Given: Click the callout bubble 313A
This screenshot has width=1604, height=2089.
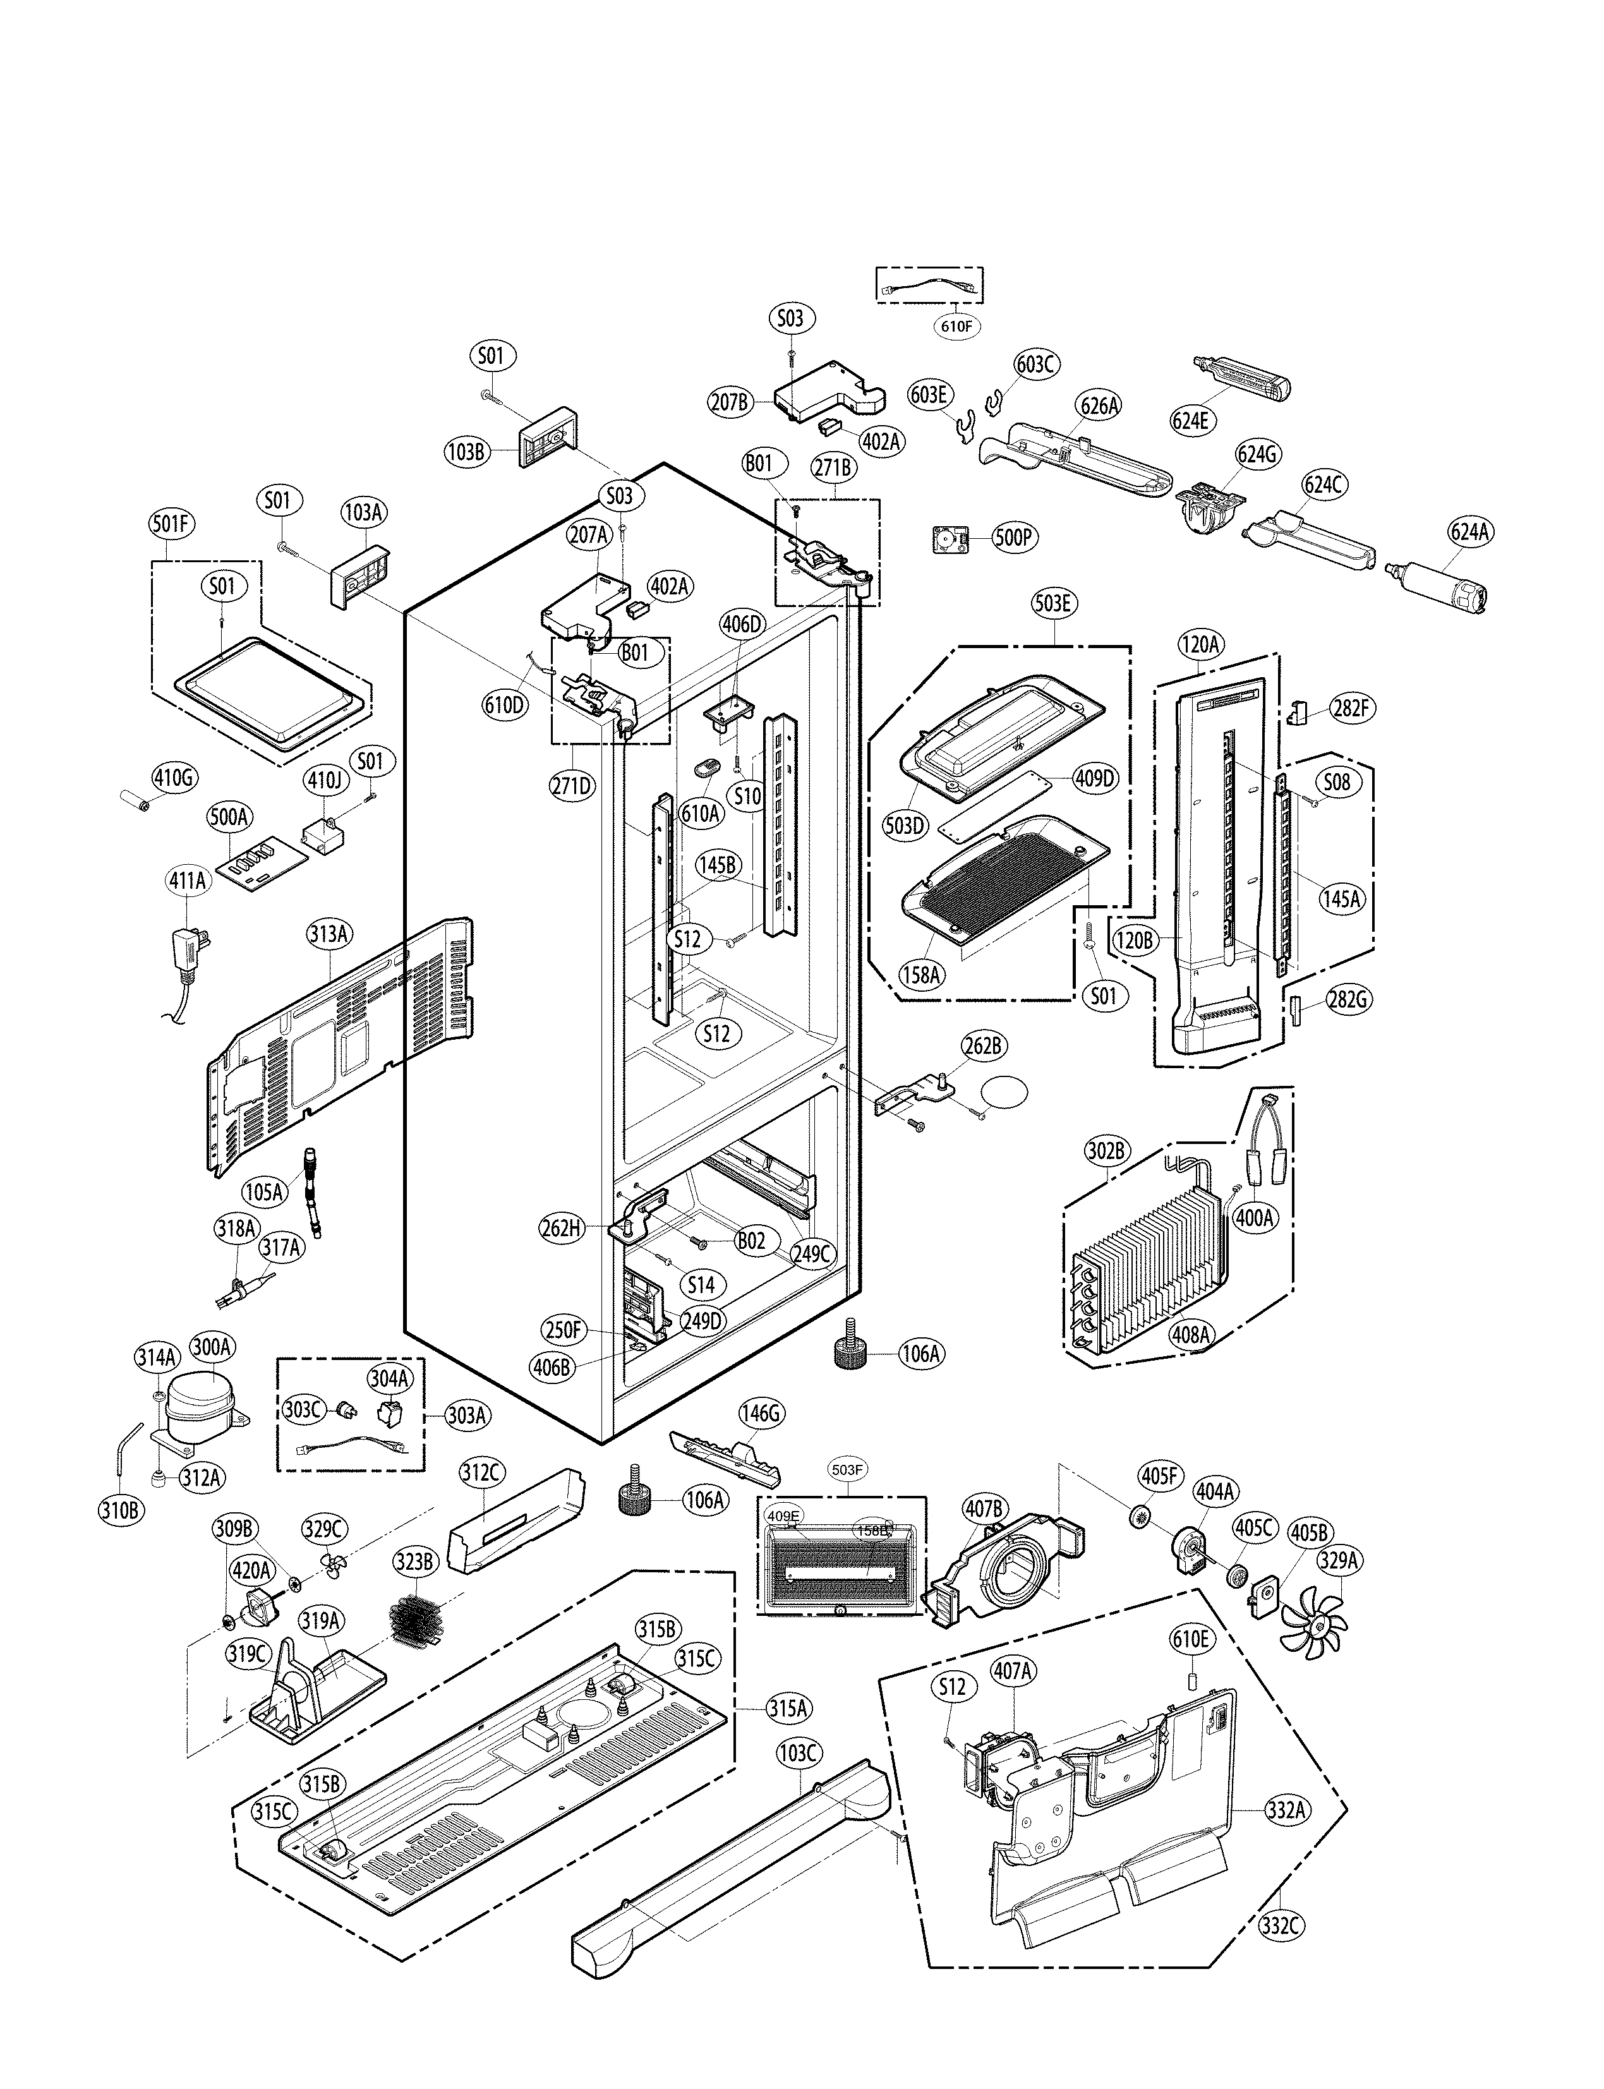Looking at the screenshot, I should tap(327, 933).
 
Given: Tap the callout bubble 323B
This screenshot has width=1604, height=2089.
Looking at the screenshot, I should tap(415, 1564).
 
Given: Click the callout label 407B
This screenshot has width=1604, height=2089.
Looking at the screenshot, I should tap(984, 1510).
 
